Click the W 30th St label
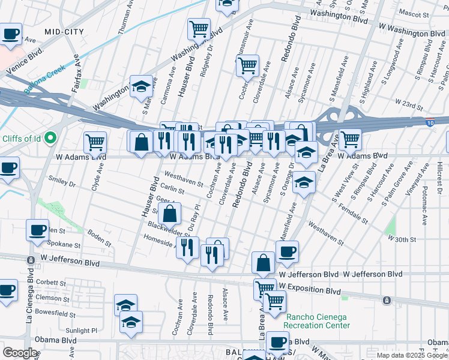click(x=402, y=239)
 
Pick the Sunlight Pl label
click(x=80, y=330)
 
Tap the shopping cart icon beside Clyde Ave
click(x=95, y=142)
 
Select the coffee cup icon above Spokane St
click(x=37, y=229)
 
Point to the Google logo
click(x=20, y=352)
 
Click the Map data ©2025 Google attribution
click(x=412, y=355)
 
